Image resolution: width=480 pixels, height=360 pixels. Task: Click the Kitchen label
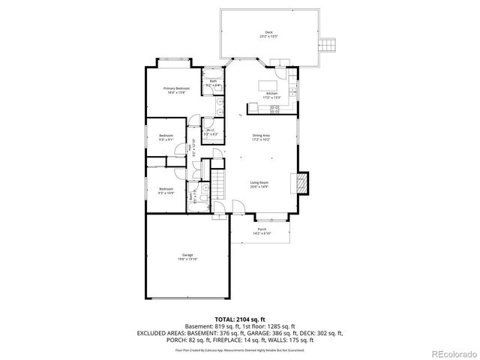(x=271, y=95)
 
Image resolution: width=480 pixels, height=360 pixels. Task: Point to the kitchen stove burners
(x=274, y=109)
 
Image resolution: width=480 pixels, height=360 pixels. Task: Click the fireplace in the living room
(x=302, y=183)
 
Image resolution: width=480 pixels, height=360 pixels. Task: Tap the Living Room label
(x=259, y=184)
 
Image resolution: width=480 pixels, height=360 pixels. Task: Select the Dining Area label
(x=260, y=137)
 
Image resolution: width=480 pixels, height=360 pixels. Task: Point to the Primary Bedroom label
(x=176, y=90)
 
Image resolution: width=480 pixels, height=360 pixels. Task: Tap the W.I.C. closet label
(x=211, y=132)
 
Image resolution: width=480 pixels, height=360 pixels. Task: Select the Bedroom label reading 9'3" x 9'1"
(x=166, y=137)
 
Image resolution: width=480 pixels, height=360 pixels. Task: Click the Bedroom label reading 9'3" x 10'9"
(x=166, y=190)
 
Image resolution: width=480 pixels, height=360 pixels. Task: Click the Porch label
(x=261, y=231)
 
